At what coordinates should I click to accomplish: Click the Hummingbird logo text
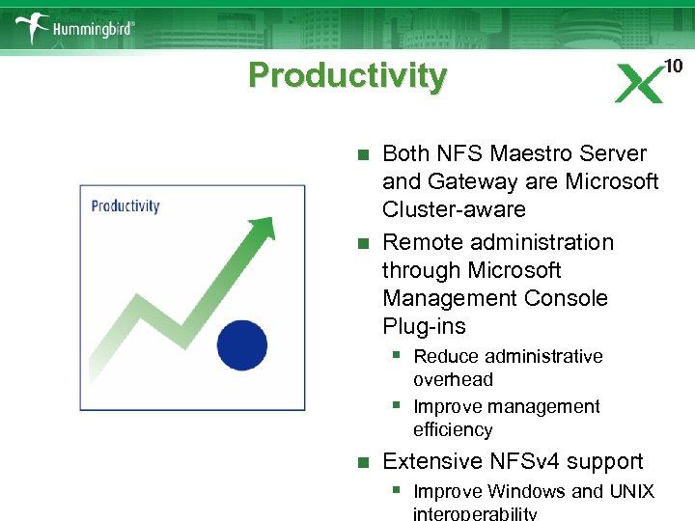[x=93, y=29]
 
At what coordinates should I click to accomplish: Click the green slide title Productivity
[x=347, y=75]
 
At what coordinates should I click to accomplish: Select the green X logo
[x=639, y=84]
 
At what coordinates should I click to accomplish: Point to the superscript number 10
[x=673, y=66]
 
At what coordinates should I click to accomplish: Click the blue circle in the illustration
[x=241, y=343]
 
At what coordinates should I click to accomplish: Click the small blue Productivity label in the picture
[x=125, y=206]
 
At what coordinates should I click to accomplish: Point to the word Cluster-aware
[x=454, y=209]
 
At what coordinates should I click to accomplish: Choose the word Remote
[x=421, y=242]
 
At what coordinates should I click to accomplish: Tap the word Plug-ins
[x=424, y=326]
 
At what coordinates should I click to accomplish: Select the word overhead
[x=453, y=379]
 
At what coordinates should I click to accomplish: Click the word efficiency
[x=453, y=429]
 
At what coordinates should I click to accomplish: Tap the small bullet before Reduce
[x=396, y=355]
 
